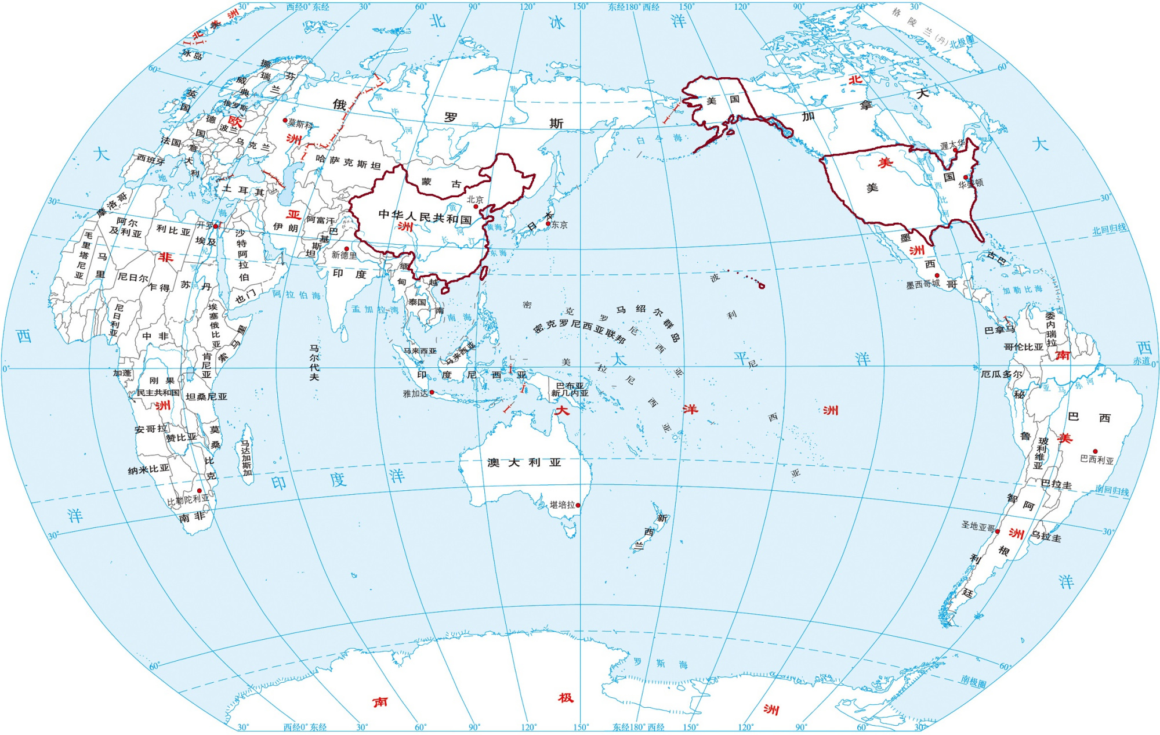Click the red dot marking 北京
click(x=476, y=207)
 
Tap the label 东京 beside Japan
click(x=560, y=225)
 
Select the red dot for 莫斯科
click(x=285, y=121)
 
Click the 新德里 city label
click(x=344, y=255)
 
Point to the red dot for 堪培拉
click(x=578, y=505)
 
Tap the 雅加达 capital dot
click(x=432, y=393)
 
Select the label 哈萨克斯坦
click(x=348, y=162)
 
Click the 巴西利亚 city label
click(x=1097, y=461)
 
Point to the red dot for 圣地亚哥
click(x=998, y=531)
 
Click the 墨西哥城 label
click(x=923, y=285)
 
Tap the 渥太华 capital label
click(x=952, y=145)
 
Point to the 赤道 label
click(x=1141, y=361)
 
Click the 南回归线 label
click(x=1112, y=491)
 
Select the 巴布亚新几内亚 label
click(x=570, y=389)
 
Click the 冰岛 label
click(x=192, y=55)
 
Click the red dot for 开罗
click(x=215, y=226)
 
